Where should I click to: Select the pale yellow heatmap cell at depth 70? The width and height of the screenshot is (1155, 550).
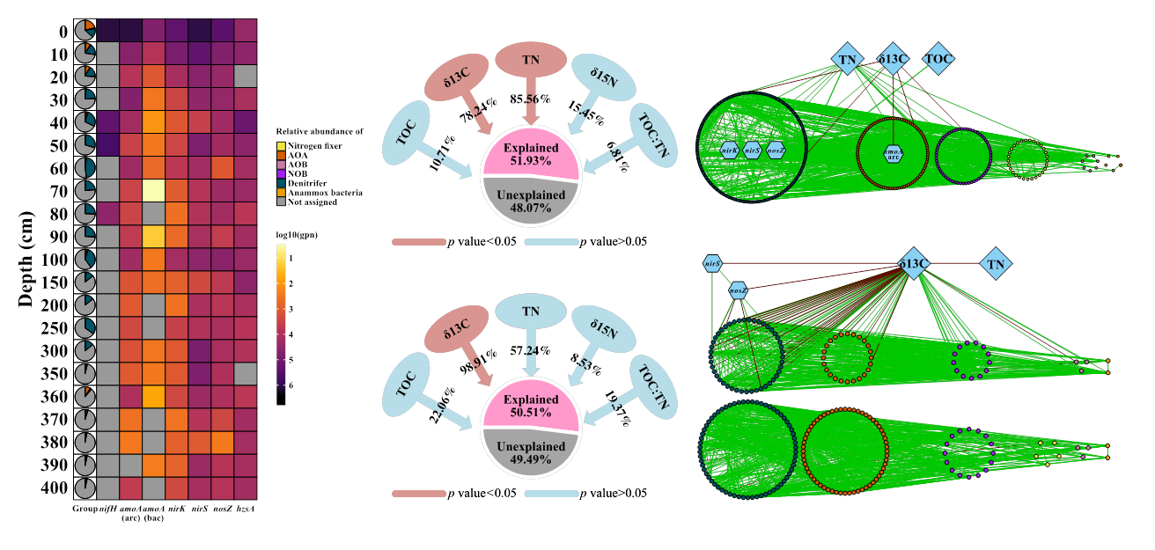153,190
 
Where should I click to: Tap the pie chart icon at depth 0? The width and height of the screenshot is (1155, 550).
85,30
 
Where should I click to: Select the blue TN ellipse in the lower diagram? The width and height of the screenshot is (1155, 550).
531,311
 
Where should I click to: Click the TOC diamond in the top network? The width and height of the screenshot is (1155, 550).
938,59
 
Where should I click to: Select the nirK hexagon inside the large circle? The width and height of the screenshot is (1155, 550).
729,150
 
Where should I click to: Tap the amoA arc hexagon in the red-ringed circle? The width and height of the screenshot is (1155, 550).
892,153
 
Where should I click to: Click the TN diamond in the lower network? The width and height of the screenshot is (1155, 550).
996,263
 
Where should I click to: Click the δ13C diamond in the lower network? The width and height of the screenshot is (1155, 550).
914,262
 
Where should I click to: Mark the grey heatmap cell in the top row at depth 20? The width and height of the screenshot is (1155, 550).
245,76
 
